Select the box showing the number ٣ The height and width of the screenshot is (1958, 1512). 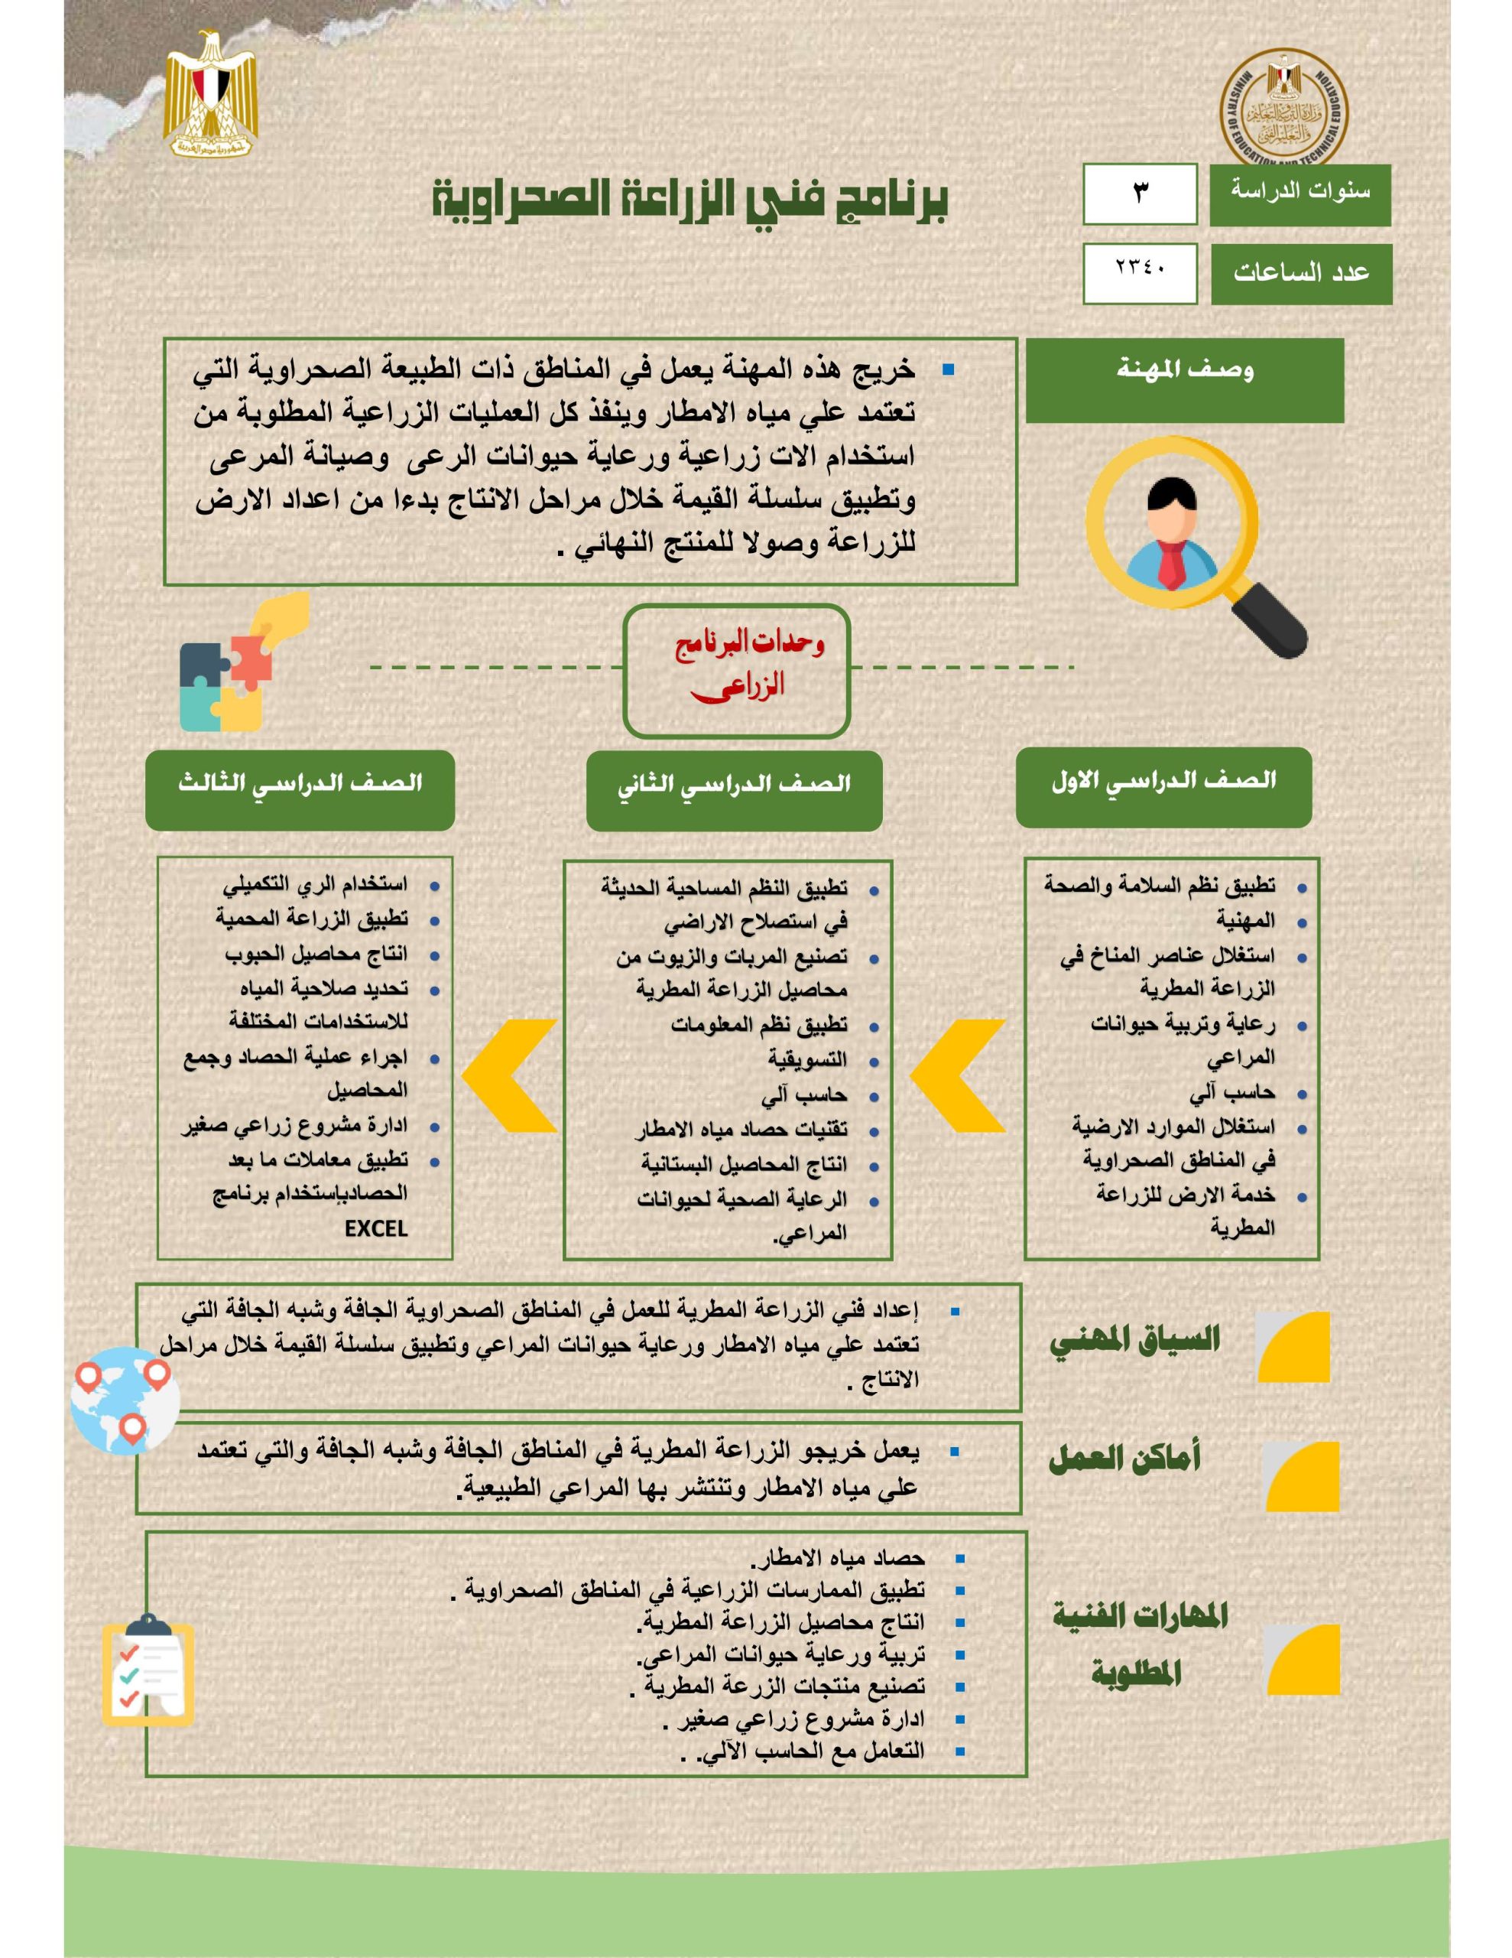(x=1139, y=194)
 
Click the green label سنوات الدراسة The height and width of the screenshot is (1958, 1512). (x=1299, y=194)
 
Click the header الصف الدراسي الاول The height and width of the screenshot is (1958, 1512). (x=1163, y=786)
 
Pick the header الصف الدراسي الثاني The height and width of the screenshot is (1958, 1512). (x=734, y=790)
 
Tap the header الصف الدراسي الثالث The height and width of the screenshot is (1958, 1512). (x=300, y=788)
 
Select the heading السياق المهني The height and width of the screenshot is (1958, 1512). (x=1134, y=1339)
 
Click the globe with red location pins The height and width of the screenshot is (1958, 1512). (x=125, y=1400)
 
